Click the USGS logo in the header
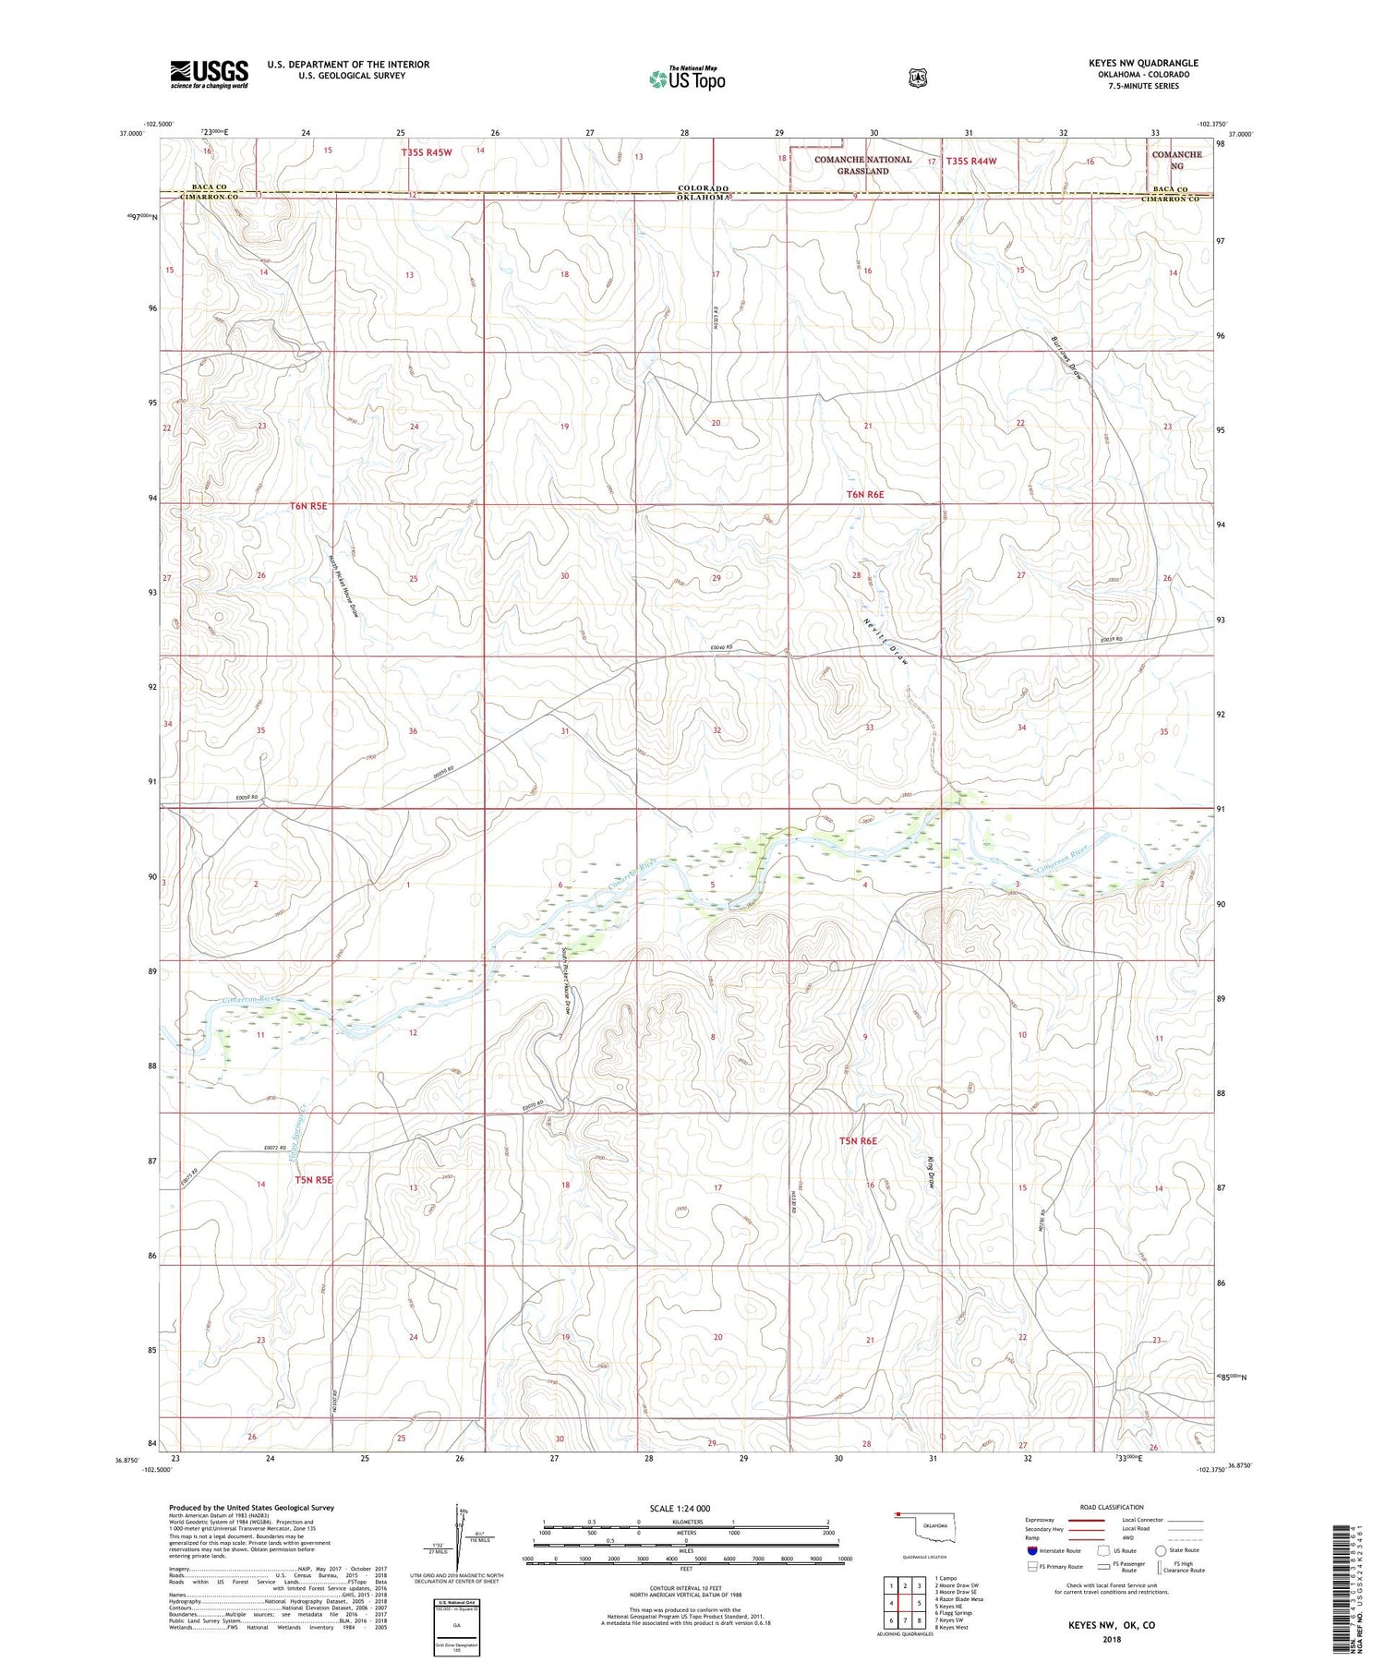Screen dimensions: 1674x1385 [x=209, y=74]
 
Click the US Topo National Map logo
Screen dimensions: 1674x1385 [x=687, y=78]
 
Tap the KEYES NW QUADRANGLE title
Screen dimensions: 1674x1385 [x=1142, y=63]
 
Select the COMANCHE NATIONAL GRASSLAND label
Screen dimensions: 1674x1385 [x=861, y=164]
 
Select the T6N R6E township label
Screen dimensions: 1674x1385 [x=865, y=495]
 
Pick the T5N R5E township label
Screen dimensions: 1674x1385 [x=313, y=1179]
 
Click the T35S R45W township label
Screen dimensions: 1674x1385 [x=427, y=151]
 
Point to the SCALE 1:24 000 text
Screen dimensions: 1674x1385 [x=681, y=1509]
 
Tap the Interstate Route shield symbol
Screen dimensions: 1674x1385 [x=1032, y=1550]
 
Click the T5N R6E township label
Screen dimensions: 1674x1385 [x=857, y=1141]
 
